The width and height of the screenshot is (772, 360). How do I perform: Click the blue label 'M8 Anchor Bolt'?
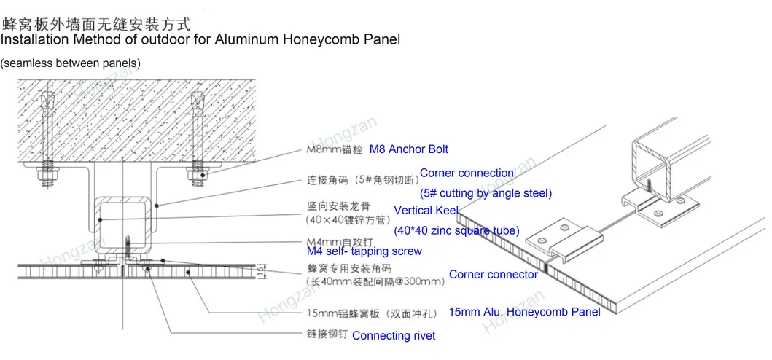[408, 149]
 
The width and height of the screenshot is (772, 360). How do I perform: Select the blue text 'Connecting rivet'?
[394, 336]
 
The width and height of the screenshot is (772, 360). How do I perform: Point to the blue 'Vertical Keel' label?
[426, 211]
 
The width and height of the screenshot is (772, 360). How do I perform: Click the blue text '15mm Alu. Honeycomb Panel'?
[524, 312]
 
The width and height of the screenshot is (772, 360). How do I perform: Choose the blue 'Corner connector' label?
[493, 275]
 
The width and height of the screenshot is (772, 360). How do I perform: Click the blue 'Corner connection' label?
[467, 173]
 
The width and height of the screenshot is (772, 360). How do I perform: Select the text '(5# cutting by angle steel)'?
[486, 193]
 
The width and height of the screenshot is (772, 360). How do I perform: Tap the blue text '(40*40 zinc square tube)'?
[456, 231]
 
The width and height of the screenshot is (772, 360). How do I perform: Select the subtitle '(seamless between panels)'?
[71, 64]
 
